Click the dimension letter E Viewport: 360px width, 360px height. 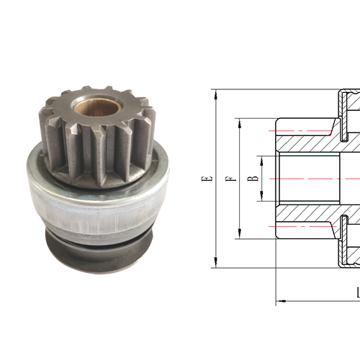coord(207,178)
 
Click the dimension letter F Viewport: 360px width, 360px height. coord(228,178)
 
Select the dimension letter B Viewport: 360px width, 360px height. coord(250,177)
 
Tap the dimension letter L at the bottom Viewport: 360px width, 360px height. coord(357,293)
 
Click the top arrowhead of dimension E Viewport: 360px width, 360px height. coord(216,92)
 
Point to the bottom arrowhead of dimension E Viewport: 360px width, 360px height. coord(216,265)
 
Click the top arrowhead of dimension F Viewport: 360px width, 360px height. coord(238,120)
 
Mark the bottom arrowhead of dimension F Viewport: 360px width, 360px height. coord(238,235)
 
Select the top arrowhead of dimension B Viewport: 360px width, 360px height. coord(261,156)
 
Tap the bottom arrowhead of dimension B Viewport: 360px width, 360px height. coord(261,199)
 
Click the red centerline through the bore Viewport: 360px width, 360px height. coord(317,178)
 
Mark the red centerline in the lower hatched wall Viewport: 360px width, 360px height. coord(302,226)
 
